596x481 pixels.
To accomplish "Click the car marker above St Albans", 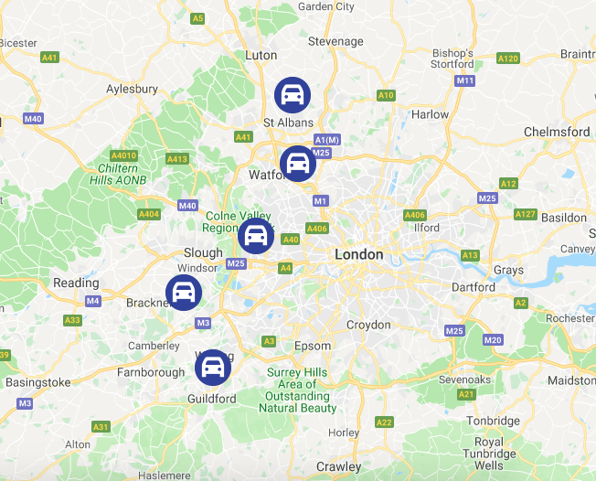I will coord(293,94).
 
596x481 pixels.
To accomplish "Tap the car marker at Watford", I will coord(297,164).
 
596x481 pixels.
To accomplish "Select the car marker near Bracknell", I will coord(184,293).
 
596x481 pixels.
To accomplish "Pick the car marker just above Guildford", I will coord(213,368).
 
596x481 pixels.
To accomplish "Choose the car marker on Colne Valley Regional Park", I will coord(256,236).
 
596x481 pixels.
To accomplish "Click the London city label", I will coord(359,254).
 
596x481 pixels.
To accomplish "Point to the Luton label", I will coord(261,55).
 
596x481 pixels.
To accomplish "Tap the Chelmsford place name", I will coord(557,132).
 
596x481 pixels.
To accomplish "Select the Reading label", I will coord(76,283).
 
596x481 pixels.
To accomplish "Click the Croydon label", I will coord(368,325).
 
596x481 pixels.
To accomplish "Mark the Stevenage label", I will coord(335,41).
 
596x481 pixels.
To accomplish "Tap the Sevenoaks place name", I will coord(465,379).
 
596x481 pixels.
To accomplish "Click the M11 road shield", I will coord(465,80).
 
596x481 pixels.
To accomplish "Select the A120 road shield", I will coord(508,59).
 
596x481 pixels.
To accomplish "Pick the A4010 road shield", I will coord(123,155).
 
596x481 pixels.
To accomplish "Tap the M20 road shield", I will coord(493,340).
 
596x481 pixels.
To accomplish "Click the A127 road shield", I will coord(525,214).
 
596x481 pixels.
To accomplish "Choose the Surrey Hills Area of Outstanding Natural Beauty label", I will coord(298,390).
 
